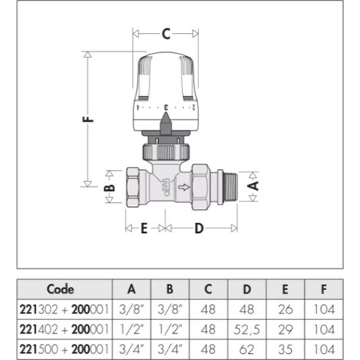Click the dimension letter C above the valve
[x=166, y=34]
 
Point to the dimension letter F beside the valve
[x=88, y=119]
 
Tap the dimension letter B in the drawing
[x=110, y=188]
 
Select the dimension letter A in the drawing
[x=254, y=185]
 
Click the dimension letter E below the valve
[x=144, y=228]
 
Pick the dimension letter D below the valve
[x=199, y=228]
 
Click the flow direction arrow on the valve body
[x=184, y=188]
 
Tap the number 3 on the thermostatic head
[x=165, y=107]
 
